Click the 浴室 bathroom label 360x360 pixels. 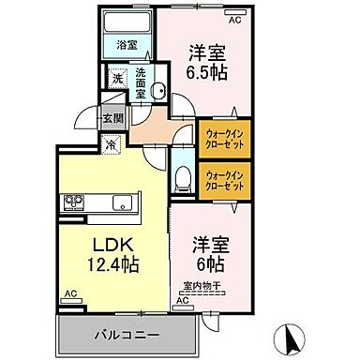tap(126, 44)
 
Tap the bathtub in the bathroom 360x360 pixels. tap(125, 23)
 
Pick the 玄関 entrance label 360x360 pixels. tap(114, 120)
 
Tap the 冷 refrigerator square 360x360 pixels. tap(111, 144)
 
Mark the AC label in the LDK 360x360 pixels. tap(70, 294)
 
